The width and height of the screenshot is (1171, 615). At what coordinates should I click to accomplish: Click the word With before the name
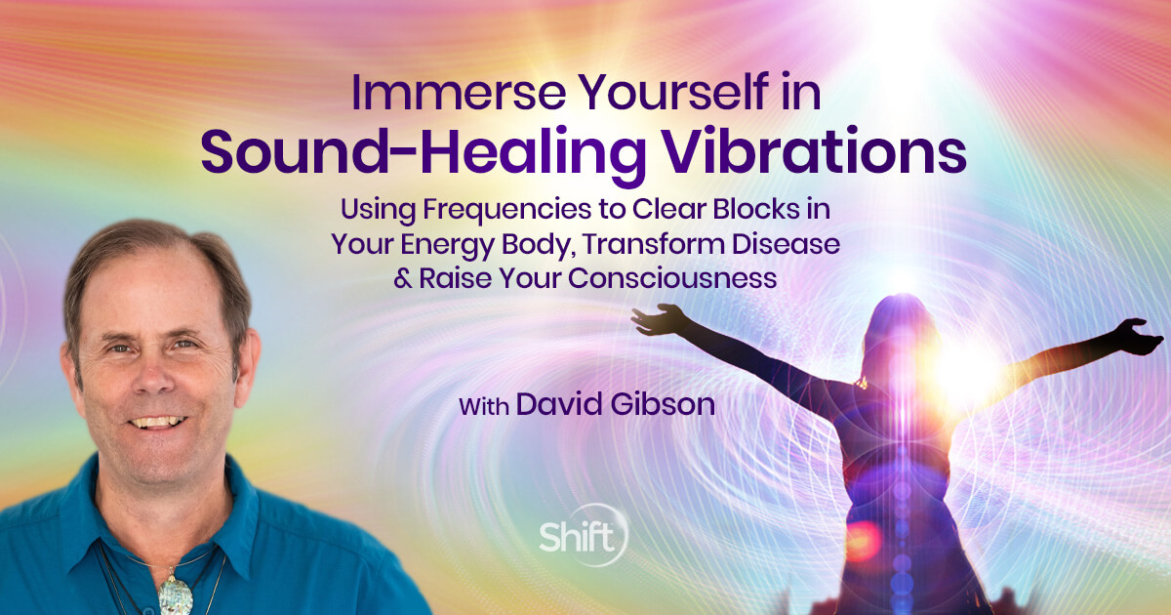click(x=485, y=404)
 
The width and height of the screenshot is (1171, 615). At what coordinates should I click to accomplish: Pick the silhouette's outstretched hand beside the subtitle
click(x=656, y=320)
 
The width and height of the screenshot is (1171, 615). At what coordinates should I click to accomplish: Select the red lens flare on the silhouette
click(x=863, y=539)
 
